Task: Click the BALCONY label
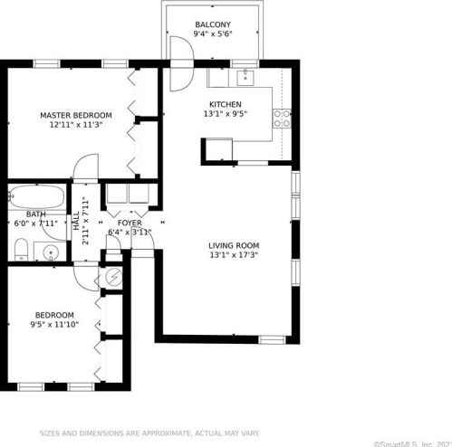pos(213,24)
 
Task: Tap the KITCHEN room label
pos(226,104)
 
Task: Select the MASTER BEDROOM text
pos(75,116)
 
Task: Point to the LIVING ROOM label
pos(234,245)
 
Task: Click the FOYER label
pos(130,222)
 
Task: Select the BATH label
pos(23,214)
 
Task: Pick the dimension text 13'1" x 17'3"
pos(234,256)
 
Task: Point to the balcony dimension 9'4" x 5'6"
pos(213,35)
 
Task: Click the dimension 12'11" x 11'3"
pos(75,126)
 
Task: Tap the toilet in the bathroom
pos(20,248)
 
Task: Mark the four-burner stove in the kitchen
pos(283,117)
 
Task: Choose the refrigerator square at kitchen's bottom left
pos(217,149)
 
